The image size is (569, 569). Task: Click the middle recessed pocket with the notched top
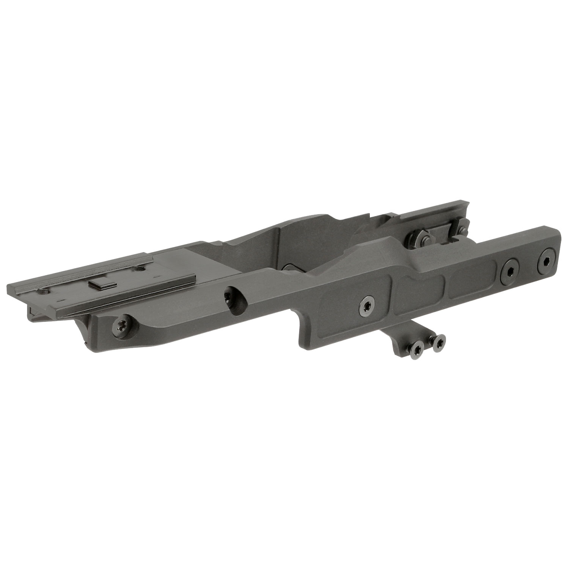point(417,286)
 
